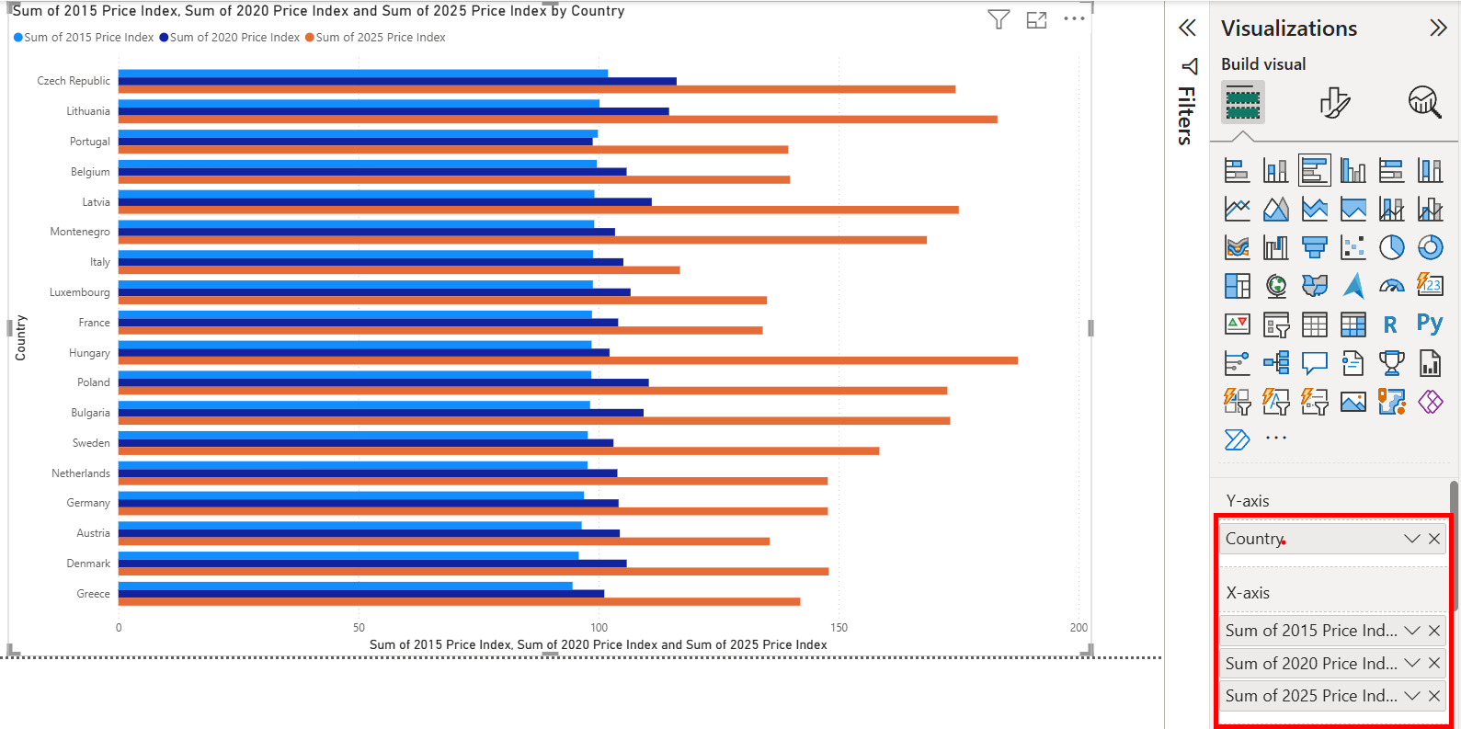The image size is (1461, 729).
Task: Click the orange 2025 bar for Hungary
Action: tap(567, 360)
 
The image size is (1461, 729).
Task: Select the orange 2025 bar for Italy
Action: tap(399, 270)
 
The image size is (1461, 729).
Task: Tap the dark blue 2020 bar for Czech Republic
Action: tap(397, 81)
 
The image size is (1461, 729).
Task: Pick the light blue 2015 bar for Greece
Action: tap(345, 586)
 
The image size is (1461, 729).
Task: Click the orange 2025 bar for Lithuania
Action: tap(557, 120)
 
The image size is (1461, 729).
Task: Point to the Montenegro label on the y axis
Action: tap(80, 232)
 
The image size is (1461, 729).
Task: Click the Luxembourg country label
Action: tap(80, 292)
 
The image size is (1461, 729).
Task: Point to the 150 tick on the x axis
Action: tap(839, 628)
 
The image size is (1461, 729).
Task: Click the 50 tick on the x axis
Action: tap(359, 628)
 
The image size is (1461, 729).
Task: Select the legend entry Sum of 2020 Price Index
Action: tap(234, 38)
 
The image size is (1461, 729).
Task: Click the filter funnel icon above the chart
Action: tap(999, 19)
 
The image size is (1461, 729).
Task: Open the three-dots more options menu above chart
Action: tap(1074, 19)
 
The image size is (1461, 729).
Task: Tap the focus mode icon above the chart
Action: tap(1036, 19)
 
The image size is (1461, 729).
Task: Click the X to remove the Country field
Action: tap(1434, 539)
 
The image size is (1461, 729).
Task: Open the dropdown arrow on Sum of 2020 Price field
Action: tap(1412, 663)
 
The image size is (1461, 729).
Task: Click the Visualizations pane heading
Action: tap(1288, 28)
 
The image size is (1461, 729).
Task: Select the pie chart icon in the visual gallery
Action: tap(1391, 247)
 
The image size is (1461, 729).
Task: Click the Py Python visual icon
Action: tap(1430, 324)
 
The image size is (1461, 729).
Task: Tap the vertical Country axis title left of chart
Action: tap(21, 337)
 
